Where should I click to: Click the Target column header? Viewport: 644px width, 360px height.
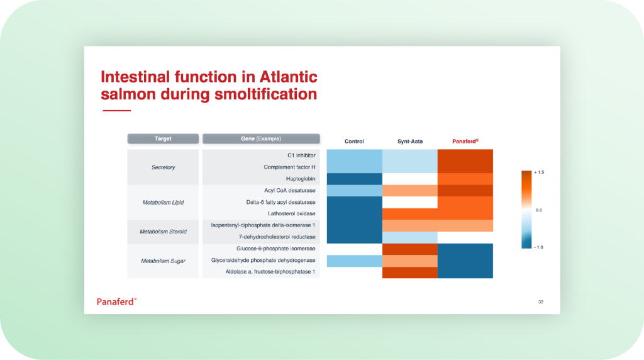(163, 138)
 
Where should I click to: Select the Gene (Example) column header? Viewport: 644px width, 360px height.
(261, 138)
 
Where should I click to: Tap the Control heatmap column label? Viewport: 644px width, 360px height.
(354, 142)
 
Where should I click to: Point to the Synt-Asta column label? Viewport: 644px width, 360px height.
(410, 142)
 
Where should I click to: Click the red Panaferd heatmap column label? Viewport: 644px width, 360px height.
(465, 142)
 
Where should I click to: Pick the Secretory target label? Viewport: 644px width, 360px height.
(163, 167)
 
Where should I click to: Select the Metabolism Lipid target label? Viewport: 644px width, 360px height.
(163, 202)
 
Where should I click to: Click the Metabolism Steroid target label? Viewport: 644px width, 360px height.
(163, 232)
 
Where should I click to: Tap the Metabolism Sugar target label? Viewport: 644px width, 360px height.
(163, 261)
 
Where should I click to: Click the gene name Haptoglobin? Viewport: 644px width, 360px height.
(301, 179)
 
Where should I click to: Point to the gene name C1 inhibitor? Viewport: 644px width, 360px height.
(301, 155)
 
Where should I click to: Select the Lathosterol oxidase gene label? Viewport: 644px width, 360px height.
(292, 214)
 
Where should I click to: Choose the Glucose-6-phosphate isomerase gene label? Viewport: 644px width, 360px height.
(276, 249)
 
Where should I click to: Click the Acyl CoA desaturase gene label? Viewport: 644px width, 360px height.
(290, 190)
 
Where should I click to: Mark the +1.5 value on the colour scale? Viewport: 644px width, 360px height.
(539, 172)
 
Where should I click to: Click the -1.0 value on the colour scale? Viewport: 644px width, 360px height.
(538, 247)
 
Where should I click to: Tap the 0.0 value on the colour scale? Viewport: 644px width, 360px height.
(539, 210)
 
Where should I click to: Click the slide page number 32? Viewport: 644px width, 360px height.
(541, 301)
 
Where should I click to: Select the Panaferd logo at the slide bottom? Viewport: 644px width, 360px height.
(116, 301)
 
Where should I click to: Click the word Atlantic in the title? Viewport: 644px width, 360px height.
(288, 77)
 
